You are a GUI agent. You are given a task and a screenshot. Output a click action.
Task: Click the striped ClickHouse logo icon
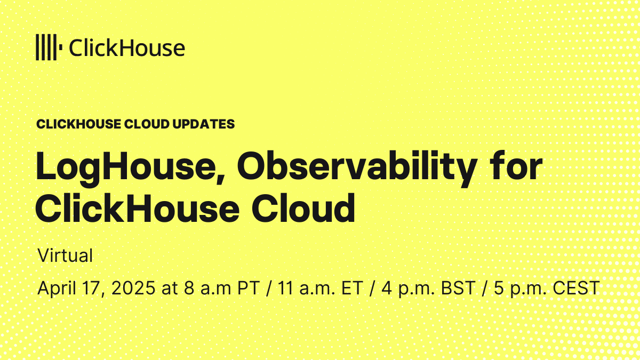(x=49, y=47)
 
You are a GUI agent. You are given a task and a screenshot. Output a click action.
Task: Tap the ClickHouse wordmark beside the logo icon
(x=127, y=47)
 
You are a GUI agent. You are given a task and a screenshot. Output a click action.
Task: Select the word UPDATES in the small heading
(x=203, y=124)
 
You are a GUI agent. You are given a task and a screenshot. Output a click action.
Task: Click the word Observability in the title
(x=357, y=169)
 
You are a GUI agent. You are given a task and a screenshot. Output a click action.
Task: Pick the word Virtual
(x=65, y=255)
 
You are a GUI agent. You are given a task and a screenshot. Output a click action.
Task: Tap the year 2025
(x=133, y=288)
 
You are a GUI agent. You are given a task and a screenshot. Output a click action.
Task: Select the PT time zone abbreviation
(x=249, y=288)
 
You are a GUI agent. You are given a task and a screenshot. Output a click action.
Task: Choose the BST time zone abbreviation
(x=458, y=288)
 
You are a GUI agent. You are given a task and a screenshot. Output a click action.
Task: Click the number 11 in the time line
(x=286, y=288)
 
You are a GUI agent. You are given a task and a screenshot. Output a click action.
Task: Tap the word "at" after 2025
(x=170, y=289)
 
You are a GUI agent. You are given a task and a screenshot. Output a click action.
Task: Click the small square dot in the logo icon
(x=61, y=47)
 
